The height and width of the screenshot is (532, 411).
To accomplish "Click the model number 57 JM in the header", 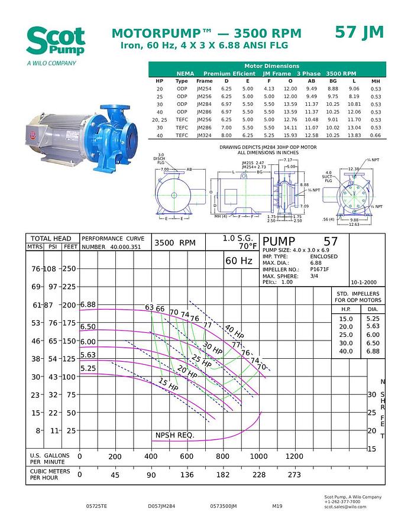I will coord(359,32).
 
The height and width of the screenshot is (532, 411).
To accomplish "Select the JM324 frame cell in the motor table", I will coord(205,135).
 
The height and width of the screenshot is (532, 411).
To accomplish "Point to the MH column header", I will coord(376,81).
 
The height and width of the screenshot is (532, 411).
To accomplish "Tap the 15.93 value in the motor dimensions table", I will coord(290,135).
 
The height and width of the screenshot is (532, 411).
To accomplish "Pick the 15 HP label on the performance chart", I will coord(168,384).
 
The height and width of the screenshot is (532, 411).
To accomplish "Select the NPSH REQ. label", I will coord(174,436).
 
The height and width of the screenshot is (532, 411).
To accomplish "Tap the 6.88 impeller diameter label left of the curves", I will coord(88,304).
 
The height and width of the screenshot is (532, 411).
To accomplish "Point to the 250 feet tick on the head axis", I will coord(70,269).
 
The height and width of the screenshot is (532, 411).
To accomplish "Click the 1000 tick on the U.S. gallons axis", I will coord(258,456).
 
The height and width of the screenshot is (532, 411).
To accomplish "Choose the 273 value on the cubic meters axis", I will coord(294,475).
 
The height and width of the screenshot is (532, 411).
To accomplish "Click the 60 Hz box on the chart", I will coord(238,261).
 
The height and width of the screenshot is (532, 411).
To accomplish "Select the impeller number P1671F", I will coord(323,269).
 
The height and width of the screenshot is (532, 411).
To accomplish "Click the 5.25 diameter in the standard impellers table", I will coord(372,319).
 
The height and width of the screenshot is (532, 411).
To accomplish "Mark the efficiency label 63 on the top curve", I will coord(150,307).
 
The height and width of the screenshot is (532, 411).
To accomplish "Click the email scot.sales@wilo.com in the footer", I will coord(345,507).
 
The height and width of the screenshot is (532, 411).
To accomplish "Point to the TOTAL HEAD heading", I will coord(51,239).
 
